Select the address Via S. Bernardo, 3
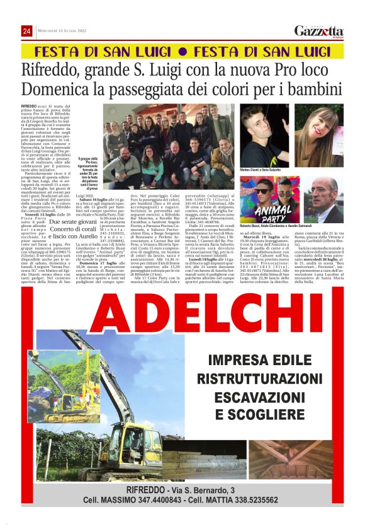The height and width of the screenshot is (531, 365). (x=204, y=490)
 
